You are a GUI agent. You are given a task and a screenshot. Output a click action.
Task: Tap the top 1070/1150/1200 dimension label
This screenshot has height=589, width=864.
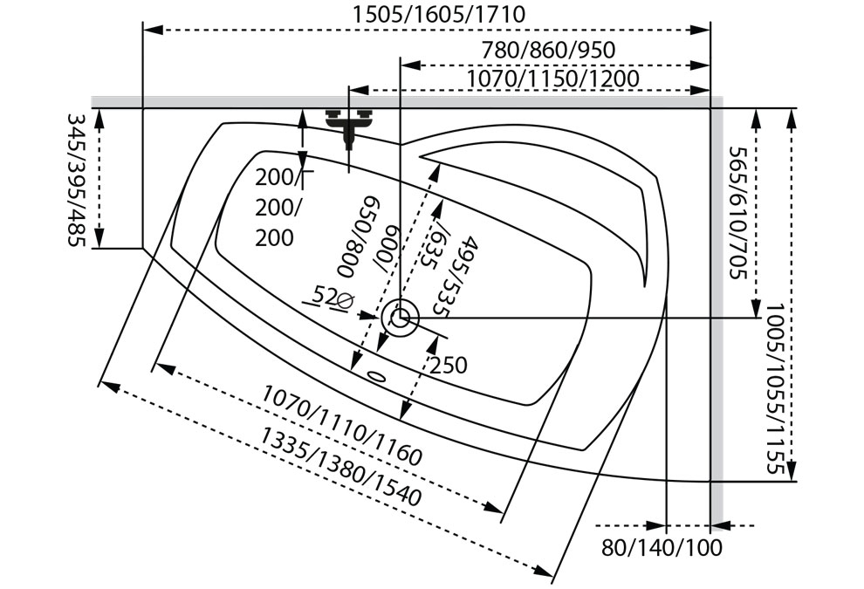point(553,78)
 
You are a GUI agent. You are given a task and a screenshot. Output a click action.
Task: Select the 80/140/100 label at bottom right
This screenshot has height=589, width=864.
point(662,549)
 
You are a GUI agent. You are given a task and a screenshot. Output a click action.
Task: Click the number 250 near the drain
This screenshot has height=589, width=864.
point(449,365)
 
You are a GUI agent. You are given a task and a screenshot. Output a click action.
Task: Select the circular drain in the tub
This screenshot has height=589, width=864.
point(402,318)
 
